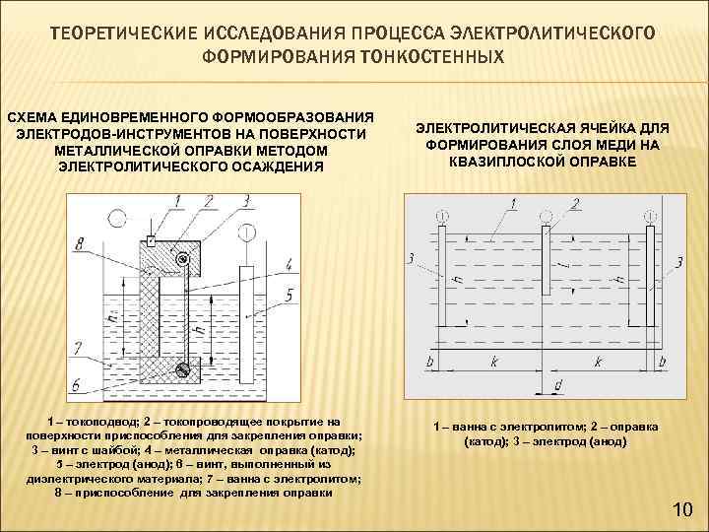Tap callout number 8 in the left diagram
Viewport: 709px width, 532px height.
click(80, 241)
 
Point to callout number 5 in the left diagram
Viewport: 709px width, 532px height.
click(289, 294)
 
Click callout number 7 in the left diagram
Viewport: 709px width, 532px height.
click(78, 347)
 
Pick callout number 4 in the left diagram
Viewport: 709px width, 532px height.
click(289, 264)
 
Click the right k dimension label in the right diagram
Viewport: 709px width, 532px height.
click(598, 363)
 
